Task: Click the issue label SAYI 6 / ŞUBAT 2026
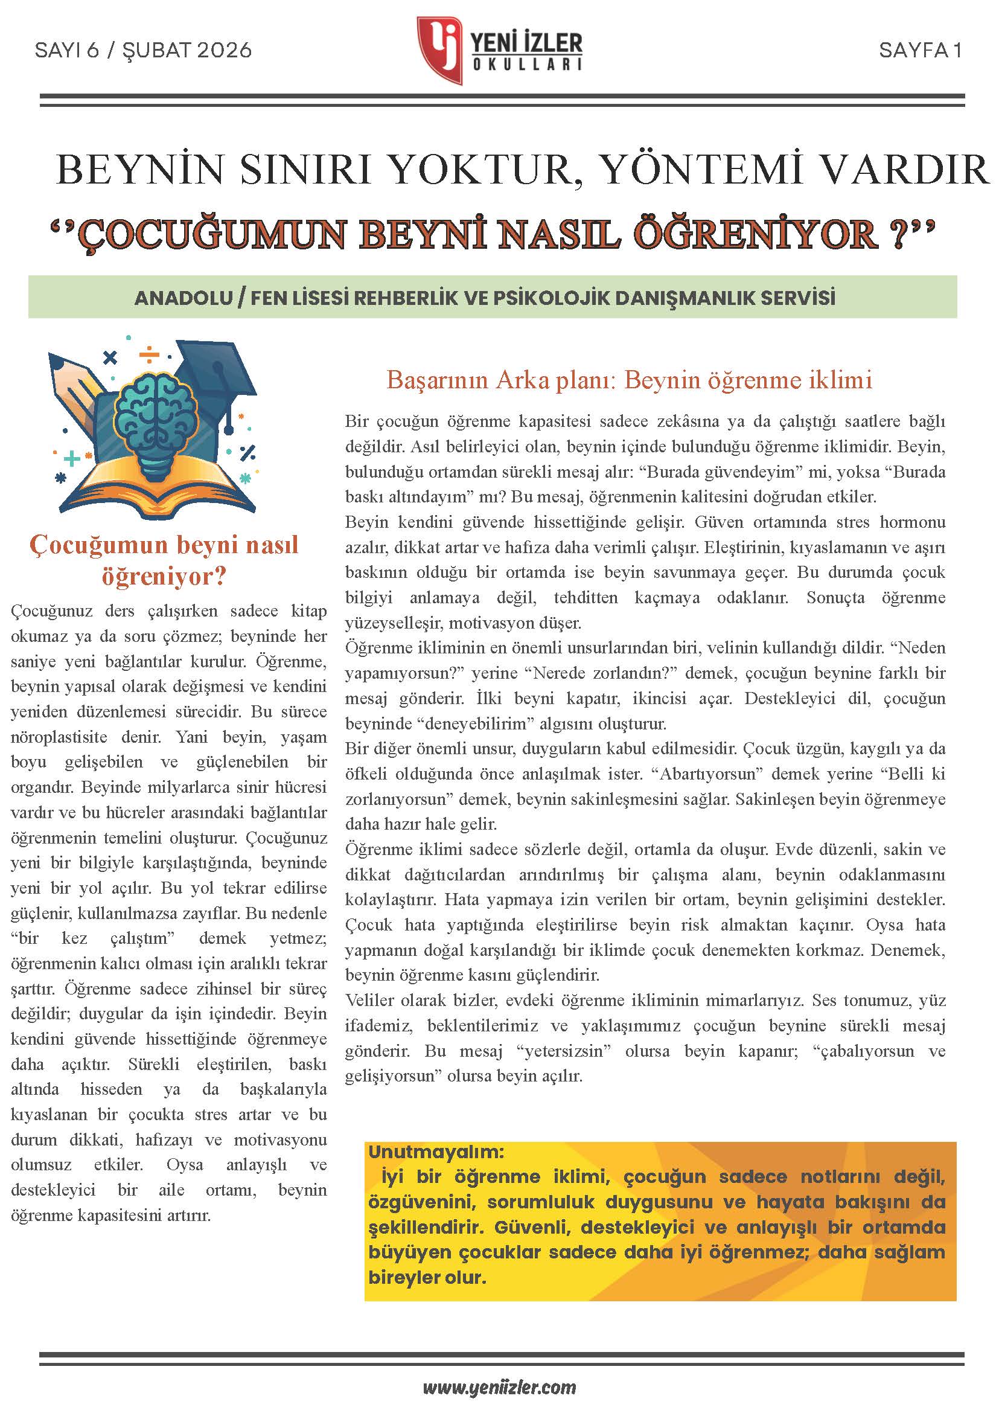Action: pyautogui.click(x=143, y=50)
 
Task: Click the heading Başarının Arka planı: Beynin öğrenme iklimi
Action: pyautogui.click(x=629, y=380)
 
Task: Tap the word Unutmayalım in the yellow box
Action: pyautogui.click(x=436, y=1151)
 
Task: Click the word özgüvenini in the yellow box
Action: pyautogui.click(x=421, y=1202)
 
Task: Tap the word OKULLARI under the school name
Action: pyautogui.click(x=526, y=64)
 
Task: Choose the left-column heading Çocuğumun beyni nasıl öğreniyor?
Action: pyautogui.click(x=164, y=560)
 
